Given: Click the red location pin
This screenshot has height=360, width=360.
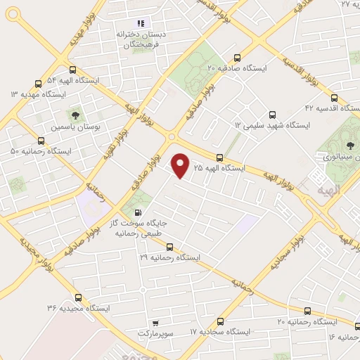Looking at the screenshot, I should coord(181,166).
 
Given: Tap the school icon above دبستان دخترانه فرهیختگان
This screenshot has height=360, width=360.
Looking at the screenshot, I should coord(139,23).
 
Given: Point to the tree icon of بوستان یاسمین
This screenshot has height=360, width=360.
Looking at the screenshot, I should coord(73,115).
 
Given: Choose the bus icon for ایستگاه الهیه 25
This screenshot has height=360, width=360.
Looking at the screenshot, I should coord(220,157).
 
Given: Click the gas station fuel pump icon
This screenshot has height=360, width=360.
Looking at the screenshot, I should coord(137,213).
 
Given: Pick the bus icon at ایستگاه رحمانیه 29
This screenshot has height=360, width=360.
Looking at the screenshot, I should coord(169,247).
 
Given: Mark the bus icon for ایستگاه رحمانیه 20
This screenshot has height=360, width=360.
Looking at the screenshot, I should coord(307,310).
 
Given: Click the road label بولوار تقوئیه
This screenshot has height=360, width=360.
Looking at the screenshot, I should coord(112,141).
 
